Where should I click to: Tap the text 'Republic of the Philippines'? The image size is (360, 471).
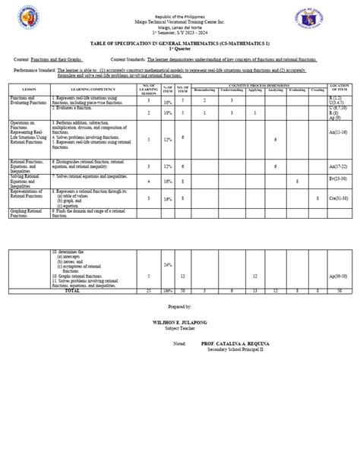point(180,14)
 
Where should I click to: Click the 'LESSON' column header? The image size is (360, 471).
point(29,90)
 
